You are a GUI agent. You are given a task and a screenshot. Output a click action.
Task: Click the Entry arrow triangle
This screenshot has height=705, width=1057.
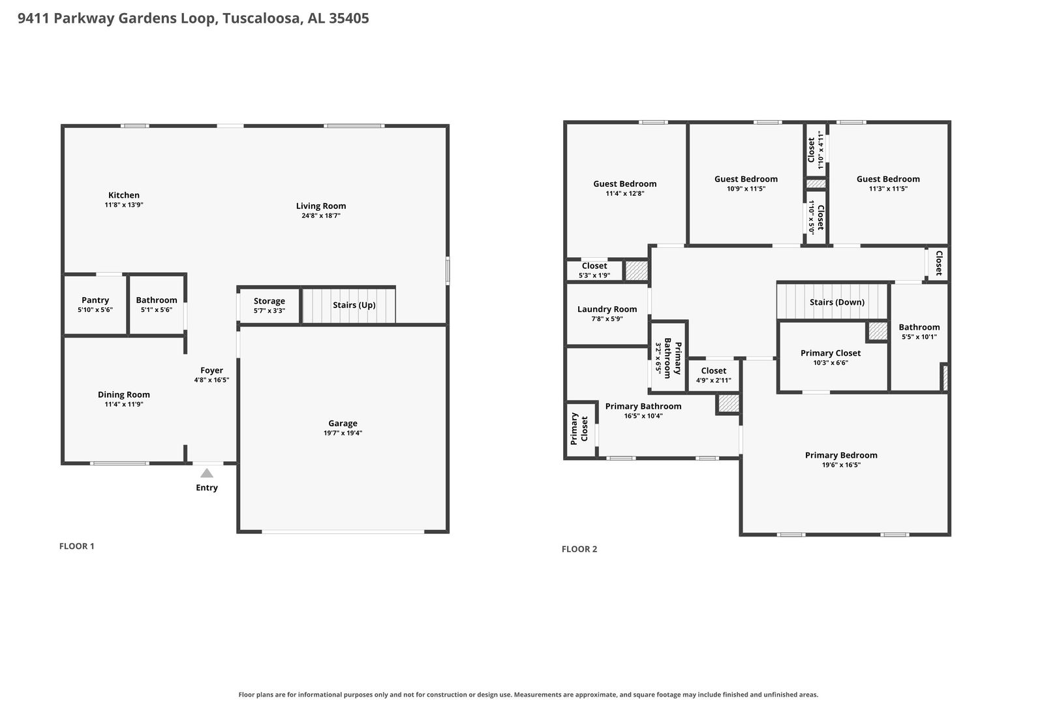pos(207,473)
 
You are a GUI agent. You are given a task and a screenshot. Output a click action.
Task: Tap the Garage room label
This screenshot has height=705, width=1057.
pos(343,423)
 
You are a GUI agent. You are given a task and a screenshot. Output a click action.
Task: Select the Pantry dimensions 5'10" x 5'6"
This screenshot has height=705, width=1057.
pos(95,310)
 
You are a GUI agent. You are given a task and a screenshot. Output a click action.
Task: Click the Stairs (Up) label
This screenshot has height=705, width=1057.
pos(354,305)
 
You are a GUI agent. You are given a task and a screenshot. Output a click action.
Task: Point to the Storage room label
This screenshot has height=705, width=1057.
pos(269,302)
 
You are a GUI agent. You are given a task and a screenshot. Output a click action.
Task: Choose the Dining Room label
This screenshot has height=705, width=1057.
pos(123,395)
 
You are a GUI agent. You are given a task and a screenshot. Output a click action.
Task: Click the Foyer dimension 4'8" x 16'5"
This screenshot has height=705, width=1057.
pos(212,380)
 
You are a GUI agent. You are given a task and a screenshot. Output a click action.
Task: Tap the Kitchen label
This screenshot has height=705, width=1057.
pos(123,195)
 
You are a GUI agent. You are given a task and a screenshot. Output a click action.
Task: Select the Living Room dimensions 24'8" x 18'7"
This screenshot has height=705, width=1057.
pos(321,216)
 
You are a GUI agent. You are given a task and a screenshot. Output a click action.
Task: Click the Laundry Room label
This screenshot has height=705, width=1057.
pos(607,309)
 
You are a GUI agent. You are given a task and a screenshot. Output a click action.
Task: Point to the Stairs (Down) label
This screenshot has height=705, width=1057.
pos(837,302)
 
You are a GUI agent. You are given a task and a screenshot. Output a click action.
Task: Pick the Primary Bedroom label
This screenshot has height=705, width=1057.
pos(841,455)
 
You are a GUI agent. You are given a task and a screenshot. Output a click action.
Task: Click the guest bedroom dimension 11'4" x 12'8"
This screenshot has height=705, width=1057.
pos(625,194)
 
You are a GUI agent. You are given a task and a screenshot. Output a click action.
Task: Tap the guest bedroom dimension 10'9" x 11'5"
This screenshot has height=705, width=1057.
pos(746,189)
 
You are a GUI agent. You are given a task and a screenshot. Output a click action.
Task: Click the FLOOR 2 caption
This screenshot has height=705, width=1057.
pos(579,549)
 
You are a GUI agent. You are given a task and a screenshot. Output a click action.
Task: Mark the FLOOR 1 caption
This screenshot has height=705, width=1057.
pos(76,546)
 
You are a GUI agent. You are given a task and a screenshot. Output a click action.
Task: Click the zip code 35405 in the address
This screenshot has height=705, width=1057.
pos(349,18)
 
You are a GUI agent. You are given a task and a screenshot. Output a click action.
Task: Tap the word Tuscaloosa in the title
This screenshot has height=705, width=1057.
pos(262,18)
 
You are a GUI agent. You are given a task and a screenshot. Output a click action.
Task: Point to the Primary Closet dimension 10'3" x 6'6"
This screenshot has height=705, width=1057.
pos(831,363)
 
